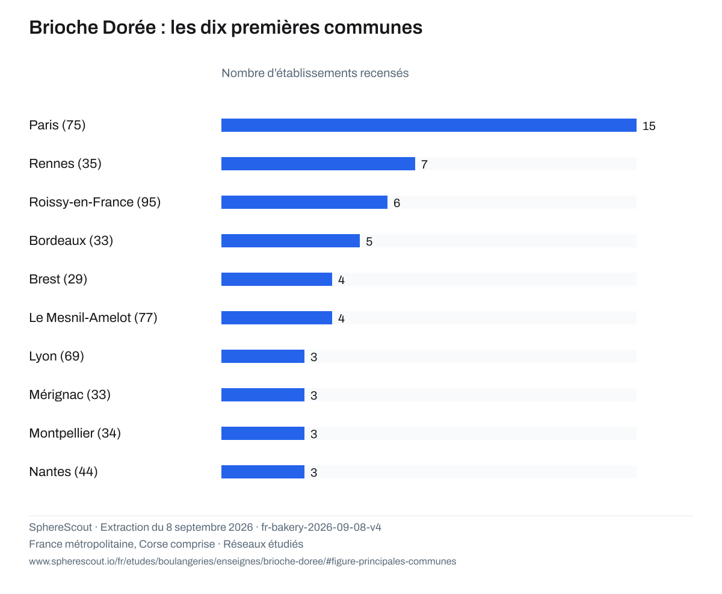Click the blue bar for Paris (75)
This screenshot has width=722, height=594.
coord(428,125)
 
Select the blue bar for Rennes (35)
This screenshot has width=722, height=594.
coord(318,164)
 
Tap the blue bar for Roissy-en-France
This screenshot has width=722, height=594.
coord(304,202)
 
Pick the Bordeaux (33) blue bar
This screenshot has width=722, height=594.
coord(291,241)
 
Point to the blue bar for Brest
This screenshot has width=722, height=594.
coord(277,279)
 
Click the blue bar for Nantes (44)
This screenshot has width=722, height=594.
coord(263,472)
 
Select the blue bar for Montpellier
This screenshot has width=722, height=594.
coord(263,433)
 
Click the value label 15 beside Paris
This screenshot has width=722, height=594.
coord(649,126)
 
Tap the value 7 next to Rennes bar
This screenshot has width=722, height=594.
coord(424,165)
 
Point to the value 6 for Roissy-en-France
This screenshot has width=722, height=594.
coord(396,203)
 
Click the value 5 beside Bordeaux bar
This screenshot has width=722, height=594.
coord(369,242)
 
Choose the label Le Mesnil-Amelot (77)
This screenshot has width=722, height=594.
coord(93,318)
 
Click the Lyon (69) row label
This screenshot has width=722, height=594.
coord(57,356)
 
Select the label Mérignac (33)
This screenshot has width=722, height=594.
coord(70,395)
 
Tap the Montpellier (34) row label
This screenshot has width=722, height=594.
coord(75,433)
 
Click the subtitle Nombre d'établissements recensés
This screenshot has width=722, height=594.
coord(315,73)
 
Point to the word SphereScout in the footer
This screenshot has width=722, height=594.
coord(61,527)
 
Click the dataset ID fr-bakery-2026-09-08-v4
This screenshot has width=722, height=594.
coord(321,527)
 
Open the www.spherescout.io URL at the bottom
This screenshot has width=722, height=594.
coord(242,562)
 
